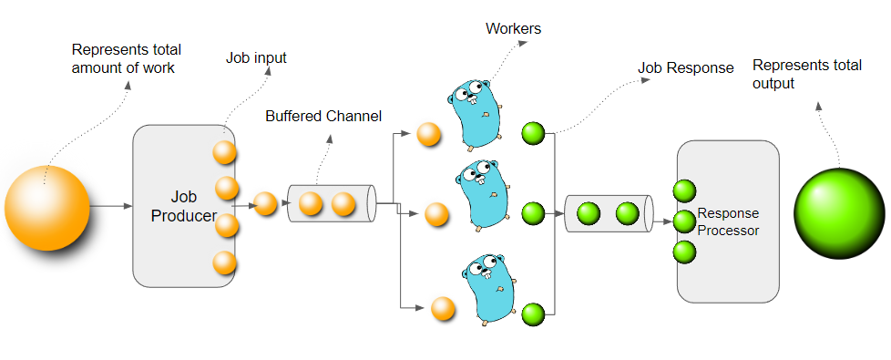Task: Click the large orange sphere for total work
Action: pyautogui.click(x=47, y=208)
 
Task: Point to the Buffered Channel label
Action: pyautogui.click(x=323, y=117)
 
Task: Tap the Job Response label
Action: pyautogui.click(x=685, y=68)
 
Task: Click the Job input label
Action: pyautogui.click(x=256, y=57)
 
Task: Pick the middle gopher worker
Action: pyautogui.click(x=480, y=195)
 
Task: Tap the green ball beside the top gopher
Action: pyautogui.click(x=533, y=134)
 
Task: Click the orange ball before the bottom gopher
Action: pyautogui.click(x=444, y=309)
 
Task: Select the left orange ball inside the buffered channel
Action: pyautogui.click(x=311, y=204)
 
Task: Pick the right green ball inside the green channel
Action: pyautogui.click(x=627, y=214)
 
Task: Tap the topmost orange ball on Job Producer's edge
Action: pyautogui.click(x=225, y=151)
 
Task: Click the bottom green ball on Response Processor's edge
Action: pyautogui.click(x=684, y=252)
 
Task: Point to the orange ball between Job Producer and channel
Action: pyautogui.click(x=265, y=203)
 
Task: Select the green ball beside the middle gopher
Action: pyautogui.click(x=533, y=214)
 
